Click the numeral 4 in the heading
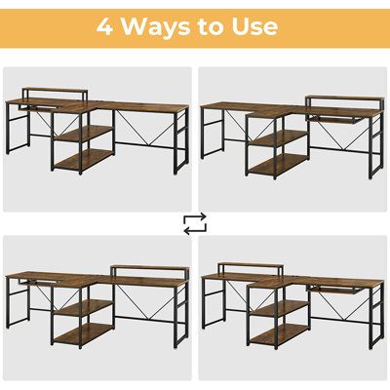click(104, 25)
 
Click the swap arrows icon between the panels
click(195, 224)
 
